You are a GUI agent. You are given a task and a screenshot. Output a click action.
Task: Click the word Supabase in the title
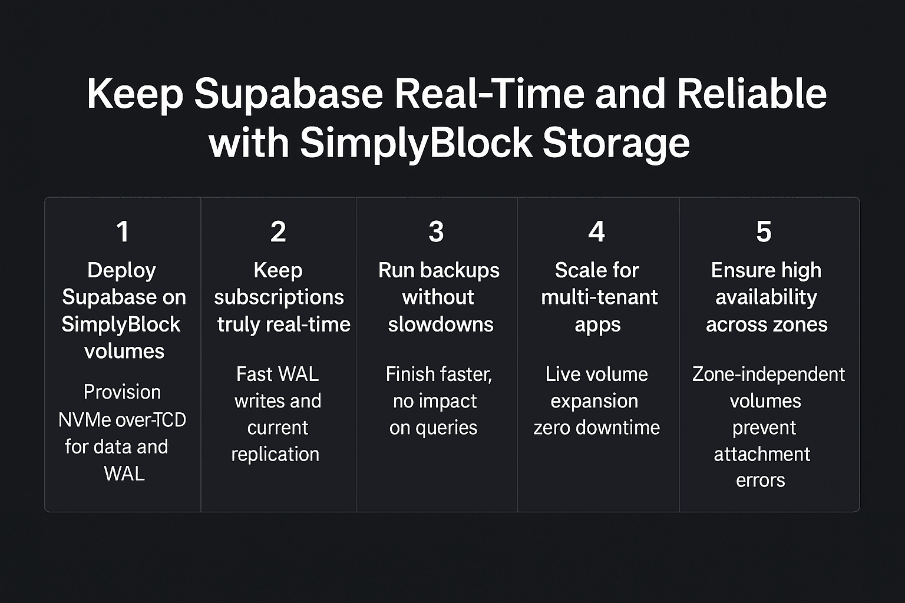288,94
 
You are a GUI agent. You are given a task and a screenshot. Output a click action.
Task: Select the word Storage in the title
616,143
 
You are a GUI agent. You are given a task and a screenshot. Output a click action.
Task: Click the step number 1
123,231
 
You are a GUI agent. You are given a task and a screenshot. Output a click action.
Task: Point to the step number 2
278,231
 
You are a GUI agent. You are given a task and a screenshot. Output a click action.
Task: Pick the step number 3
436,231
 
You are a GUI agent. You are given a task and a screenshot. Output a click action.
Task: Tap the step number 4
596,231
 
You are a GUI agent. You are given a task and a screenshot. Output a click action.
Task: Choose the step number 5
764,231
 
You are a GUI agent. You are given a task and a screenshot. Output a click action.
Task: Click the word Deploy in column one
121,270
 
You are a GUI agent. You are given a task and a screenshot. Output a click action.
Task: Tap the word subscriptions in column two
279,297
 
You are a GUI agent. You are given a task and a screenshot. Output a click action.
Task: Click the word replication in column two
275,454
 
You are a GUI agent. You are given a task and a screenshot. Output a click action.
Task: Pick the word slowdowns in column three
440,324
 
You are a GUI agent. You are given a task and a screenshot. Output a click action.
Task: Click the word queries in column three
446,428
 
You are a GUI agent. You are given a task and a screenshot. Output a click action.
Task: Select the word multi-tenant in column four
599,297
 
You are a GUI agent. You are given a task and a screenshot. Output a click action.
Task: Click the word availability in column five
766,297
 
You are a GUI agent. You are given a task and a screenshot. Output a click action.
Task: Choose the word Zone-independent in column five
768,375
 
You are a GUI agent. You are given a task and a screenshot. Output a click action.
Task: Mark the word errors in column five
760,481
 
